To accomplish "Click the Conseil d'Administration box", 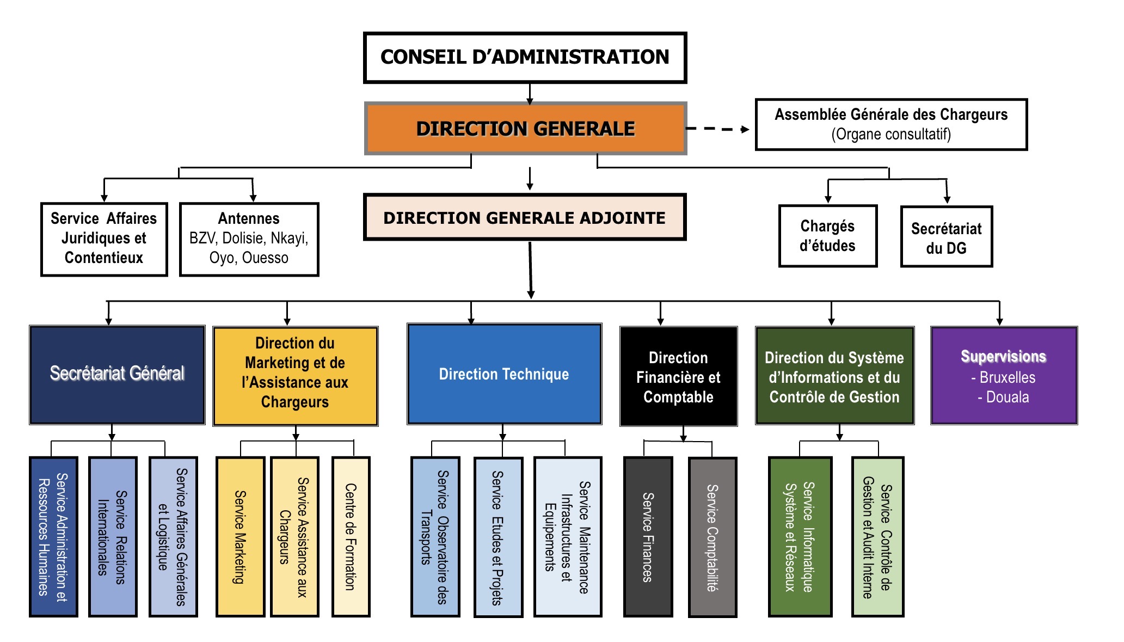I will pos(525,57).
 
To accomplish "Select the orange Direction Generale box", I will pos(525,129).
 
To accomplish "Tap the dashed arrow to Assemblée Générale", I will pos(717,129).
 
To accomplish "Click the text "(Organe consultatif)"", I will pos(891,134).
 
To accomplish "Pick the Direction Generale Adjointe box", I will pos(525,217).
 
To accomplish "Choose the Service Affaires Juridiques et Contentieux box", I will pos(104,239).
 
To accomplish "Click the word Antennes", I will pos(249,218).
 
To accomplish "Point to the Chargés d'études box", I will pos(827,236).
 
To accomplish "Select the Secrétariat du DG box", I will pos(946,237).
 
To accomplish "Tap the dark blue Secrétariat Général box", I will pos(117,374).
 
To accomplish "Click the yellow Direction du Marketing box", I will pos(295,375).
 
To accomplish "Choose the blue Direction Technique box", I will pos(504,374).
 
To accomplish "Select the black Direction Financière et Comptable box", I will pos(678,376).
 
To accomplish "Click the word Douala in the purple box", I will pos(1007,397).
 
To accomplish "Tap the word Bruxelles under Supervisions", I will pos(1007,377).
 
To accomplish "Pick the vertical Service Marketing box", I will pos(240,537).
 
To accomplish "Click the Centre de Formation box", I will pos(351,537).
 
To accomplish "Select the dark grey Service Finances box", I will pos(648,537).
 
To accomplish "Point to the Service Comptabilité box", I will pos(712,537).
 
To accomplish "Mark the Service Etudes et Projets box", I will pos(498,537).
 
